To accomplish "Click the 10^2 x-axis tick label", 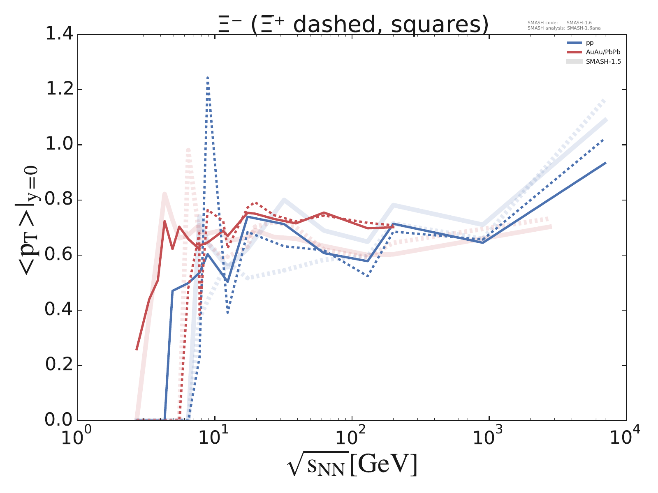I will tap(352, 437).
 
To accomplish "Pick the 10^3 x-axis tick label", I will tap(489, 437).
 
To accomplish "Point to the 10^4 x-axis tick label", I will tap(625, 437).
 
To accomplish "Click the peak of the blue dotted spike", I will tap(208, 78).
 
